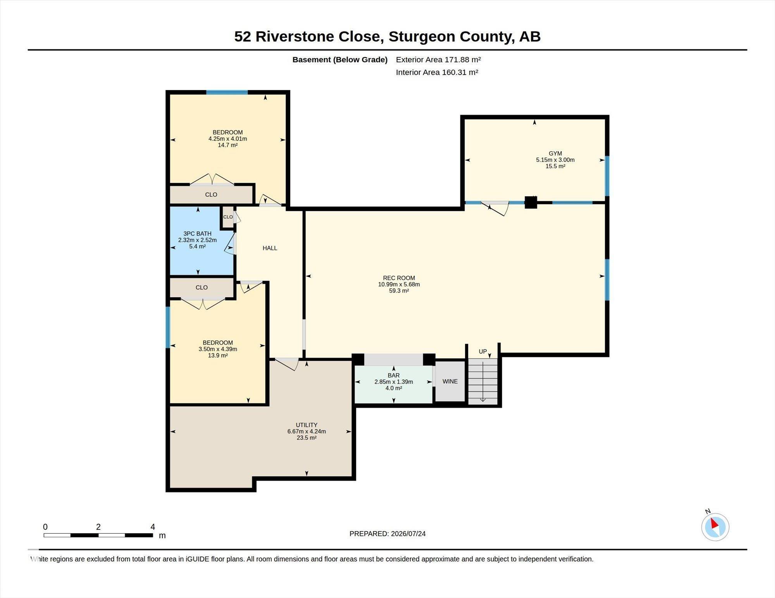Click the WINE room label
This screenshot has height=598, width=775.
(450, 381)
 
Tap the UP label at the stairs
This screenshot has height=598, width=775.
(482, 351)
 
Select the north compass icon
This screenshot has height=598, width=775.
(715, 526)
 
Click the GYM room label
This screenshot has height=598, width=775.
(555, 153)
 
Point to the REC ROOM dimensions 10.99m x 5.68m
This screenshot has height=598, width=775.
(399, 284)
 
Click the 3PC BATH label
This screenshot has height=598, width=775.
(197, 234)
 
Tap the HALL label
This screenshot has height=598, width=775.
(270, 248)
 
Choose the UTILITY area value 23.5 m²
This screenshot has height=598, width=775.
(307, 438)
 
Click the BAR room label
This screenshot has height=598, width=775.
(394, 375)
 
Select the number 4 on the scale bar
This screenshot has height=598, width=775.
(153, 527)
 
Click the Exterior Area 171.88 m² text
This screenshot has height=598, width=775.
(438, 60)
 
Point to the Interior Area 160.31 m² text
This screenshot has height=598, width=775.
(437, 72)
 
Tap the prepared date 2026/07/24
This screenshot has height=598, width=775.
(408, 534)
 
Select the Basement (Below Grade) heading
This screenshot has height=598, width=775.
(340, 60)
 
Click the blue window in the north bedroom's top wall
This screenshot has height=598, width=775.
(227, 92)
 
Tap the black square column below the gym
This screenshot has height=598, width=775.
(530, 202)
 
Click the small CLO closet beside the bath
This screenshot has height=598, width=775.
(228, 217)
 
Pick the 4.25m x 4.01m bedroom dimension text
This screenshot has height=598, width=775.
(227, 139)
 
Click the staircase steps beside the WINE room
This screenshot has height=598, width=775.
(483, 381)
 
